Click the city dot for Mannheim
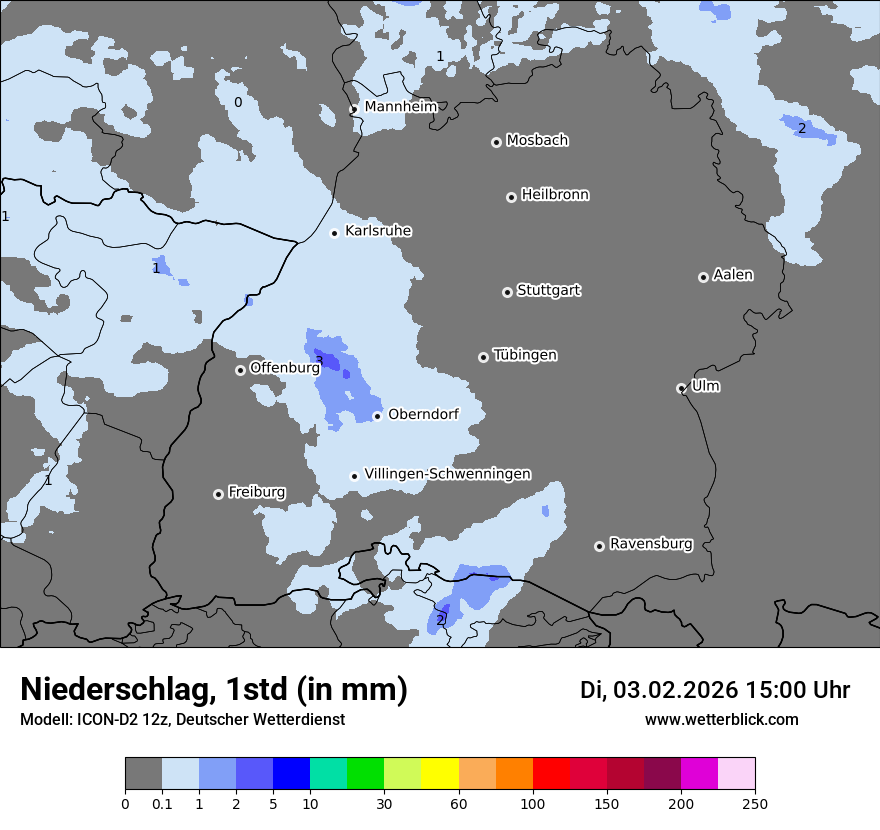tap(353, 109)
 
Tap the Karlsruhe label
tap(378, 231)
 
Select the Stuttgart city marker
tap(507, 292)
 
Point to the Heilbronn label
tap(555, 195)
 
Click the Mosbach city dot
tap(496, 142)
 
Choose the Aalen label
tap(733, 275)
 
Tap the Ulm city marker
tap(681, 388)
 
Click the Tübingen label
tap(525, 355)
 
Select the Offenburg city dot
tap(240, 370)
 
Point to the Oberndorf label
tap(423, 414)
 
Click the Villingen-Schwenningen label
tap(448, 474)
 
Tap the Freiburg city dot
tap(218, 494)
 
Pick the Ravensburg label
tap(651, 544)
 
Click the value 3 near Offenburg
tap(319, 360)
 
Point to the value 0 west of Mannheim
tap(238, 102)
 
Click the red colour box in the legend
tap(551, 774)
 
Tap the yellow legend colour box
tap(440, 774)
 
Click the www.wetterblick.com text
tap(721, 719)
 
